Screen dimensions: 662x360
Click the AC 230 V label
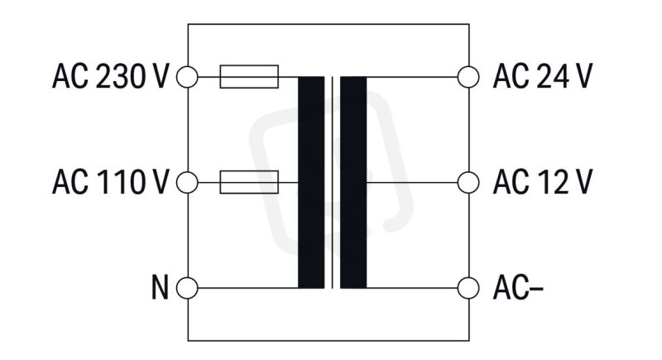pos(111,76)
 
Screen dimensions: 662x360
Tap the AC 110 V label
pos(111,182)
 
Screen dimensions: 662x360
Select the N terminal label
pos(160,287)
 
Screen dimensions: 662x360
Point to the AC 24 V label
pos(543,76)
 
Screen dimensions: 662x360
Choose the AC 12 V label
pos(543,182)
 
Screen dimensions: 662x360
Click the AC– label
pos(518,287)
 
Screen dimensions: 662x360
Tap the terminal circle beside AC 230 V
pos(187,77)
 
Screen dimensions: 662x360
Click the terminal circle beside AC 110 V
pos(187,182)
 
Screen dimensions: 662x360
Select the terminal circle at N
pos(187,288)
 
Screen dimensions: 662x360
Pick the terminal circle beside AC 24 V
pos(468,77)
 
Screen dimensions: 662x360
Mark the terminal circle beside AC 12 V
pos(468,182)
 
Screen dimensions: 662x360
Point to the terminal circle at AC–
pos(468,288)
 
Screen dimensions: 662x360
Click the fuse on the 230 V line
pos(249,77)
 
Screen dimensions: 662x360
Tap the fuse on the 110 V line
pos(249,182)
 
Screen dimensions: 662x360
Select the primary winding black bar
pos(311,182)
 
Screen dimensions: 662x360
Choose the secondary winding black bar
pos(353,182)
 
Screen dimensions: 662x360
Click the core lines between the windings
pos(333,182)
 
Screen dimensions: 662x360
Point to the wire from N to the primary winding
pos(247,288)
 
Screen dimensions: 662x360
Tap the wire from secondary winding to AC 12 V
pos(412,182)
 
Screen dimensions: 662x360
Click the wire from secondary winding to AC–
pos(412,288)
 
